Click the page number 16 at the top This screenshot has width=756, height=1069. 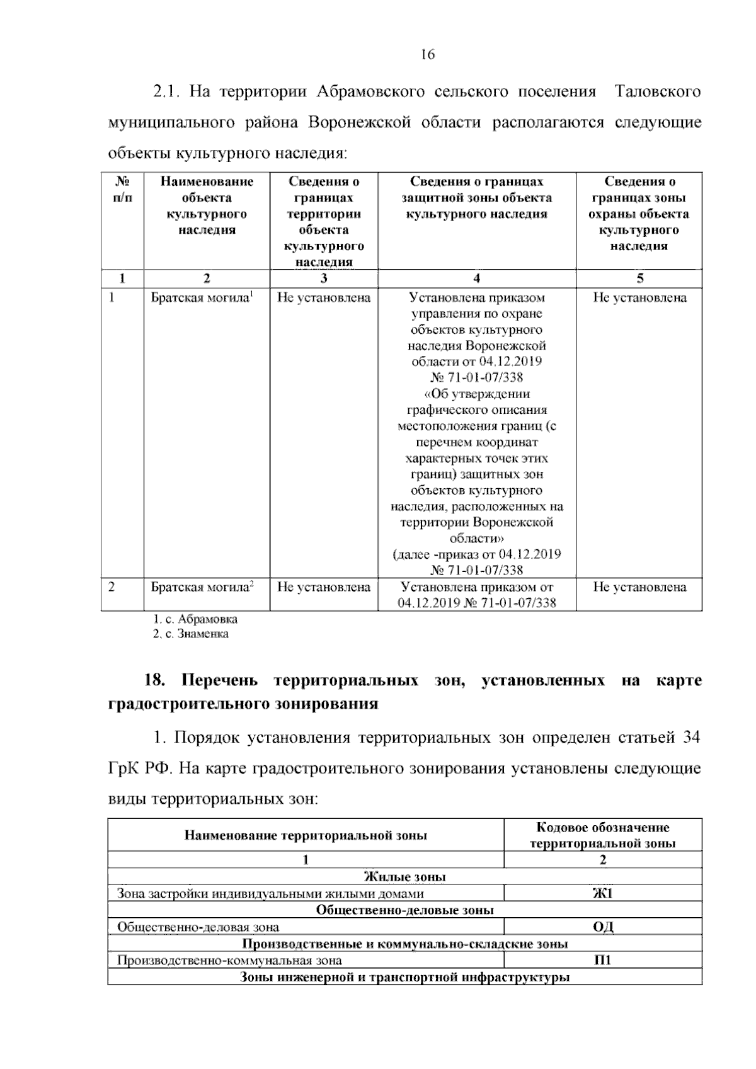coord(428,55)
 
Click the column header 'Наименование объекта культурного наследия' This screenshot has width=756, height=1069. coord(207,206)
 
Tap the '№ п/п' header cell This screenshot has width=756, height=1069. coord(123,190)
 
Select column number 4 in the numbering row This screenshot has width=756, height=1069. coord(477,278)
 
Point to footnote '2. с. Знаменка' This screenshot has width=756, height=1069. coord(191,634)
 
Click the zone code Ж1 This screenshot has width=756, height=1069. coord(602,893)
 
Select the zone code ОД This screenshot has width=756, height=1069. coord(602,927)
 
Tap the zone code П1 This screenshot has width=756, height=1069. coord(602,960)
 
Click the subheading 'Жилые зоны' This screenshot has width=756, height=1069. coord(404,877)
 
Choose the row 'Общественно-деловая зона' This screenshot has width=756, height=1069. coord(198,927)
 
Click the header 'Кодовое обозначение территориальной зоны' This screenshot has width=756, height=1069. coord(602,835)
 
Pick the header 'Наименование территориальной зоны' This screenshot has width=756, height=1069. coord(306,835)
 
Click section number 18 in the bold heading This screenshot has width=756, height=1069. coord(155,681)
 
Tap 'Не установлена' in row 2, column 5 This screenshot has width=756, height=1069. coord(639,587)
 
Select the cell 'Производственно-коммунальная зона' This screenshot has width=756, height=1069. coord(230,960)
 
